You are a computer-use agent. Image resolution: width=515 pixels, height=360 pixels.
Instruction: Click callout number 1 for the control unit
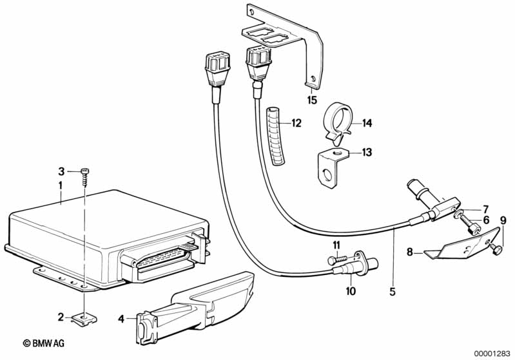click(60, 185)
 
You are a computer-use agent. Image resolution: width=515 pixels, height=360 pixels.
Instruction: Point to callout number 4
click(121, 317)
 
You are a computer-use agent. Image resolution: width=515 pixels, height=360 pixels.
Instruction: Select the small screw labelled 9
click(497, 247)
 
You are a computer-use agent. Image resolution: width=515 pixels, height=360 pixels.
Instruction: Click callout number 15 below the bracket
click(312, 100)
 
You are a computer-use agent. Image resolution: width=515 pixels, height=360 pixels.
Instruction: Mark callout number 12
click(296, 122)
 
